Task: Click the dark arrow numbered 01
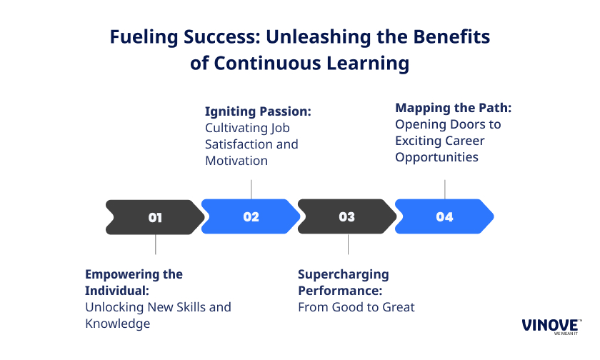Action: click(155, 217)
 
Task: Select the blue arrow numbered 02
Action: click(251, 216)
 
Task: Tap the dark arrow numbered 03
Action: click(347, 216)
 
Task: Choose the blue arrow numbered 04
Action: click(444, 216)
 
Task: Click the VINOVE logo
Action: click(551, 326)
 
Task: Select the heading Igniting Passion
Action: click(258, 111)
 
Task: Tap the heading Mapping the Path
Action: click(453, 108)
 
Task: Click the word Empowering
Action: click(122, 275)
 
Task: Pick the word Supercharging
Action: click(344, 275)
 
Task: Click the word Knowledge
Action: click(117, 324)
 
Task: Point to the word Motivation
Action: click(236, 161)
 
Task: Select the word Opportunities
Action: click(436, 158)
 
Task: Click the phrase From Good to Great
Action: click(356, 307)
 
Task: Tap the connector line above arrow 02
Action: click(251, 189)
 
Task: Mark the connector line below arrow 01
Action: click(156, 244)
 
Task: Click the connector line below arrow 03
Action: click(348, 244)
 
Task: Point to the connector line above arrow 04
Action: click(444, 189)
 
